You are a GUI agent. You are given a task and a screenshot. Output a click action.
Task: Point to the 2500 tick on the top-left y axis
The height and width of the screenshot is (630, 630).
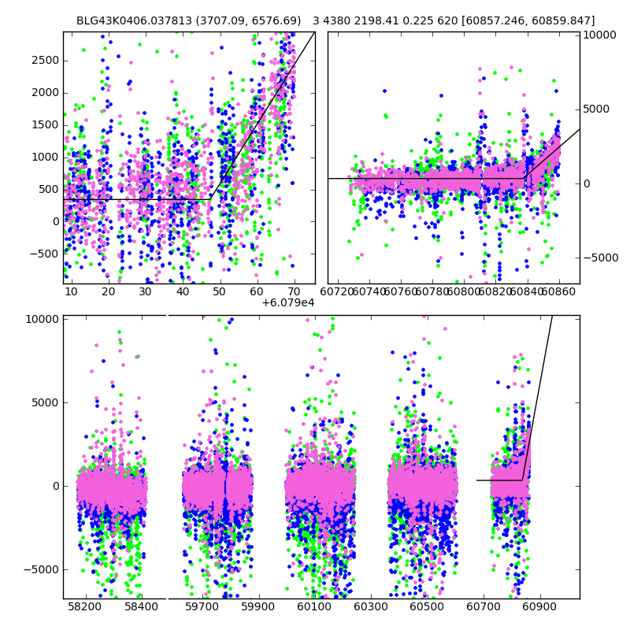(44, 61)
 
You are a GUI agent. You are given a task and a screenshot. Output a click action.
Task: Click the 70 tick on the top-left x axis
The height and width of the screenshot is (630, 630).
(294, 291)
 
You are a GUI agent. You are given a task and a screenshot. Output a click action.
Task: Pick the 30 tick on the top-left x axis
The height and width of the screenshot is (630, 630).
(146, 291)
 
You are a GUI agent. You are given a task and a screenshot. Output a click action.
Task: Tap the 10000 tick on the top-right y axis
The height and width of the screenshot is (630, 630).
(600, 35)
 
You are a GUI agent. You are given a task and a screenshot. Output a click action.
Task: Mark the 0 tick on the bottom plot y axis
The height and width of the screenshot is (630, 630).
(54, 486)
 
